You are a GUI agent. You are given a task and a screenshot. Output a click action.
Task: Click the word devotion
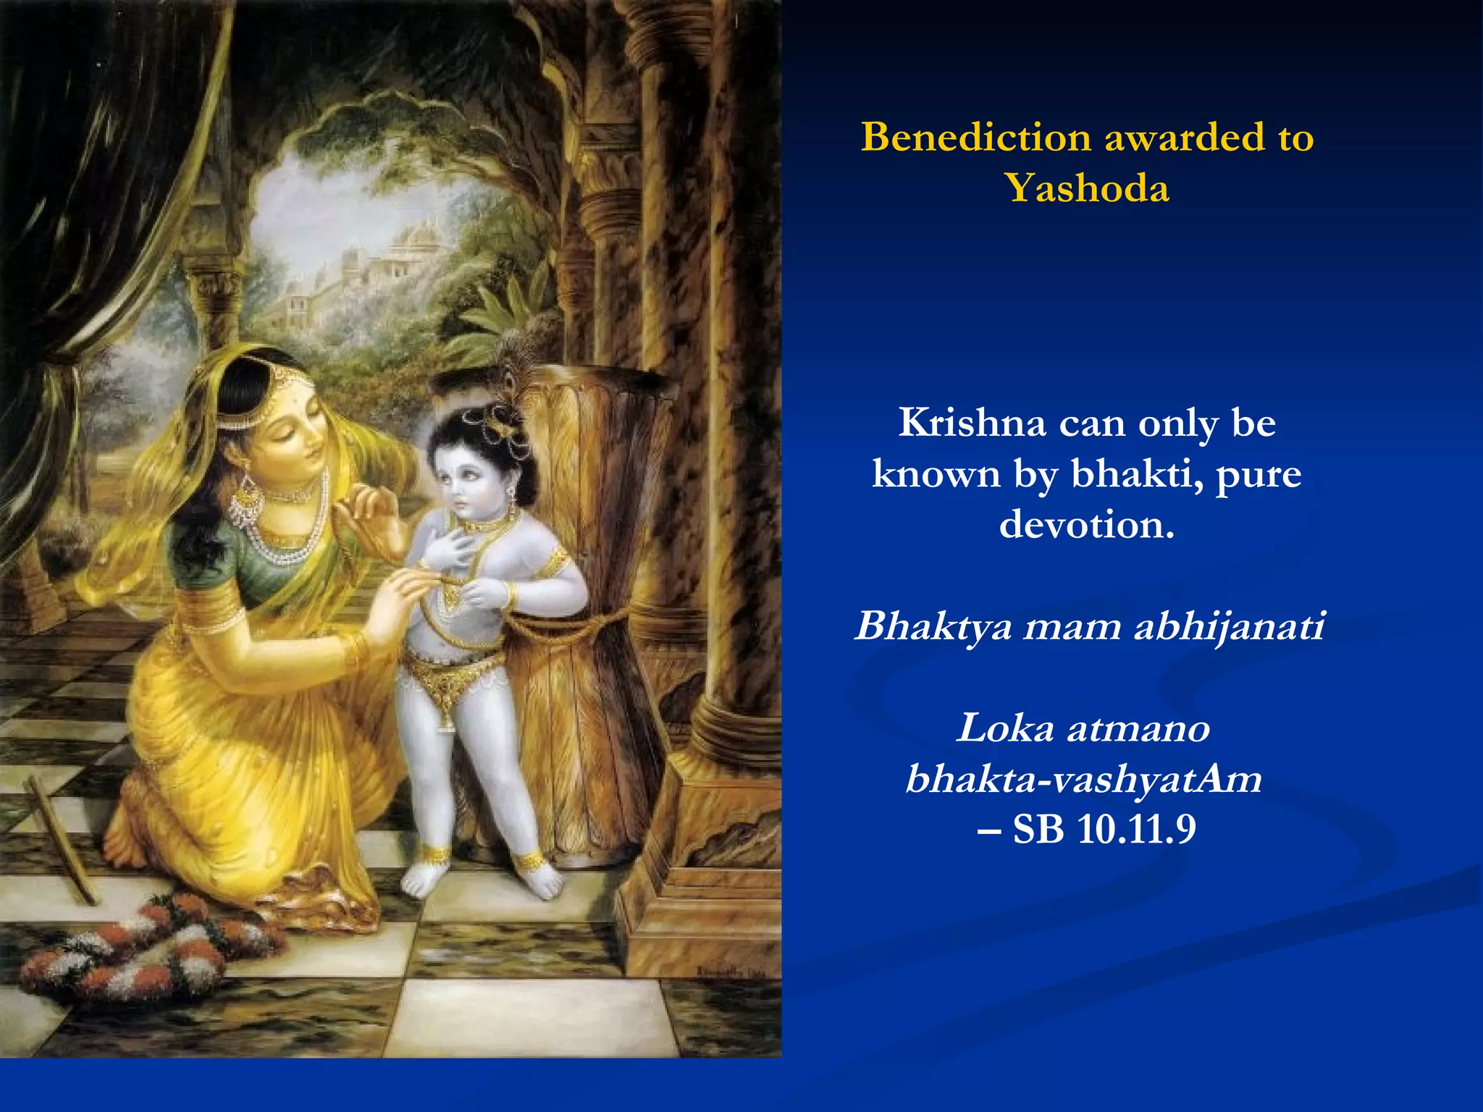(1086, 524)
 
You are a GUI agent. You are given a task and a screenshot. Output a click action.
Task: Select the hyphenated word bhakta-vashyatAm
(1084, 779)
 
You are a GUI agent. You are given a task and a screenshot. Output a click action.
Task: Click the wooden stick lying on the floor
(61, 840)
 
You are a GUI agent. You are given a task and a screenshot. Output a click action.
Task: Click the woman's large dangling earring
(246, 500)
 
